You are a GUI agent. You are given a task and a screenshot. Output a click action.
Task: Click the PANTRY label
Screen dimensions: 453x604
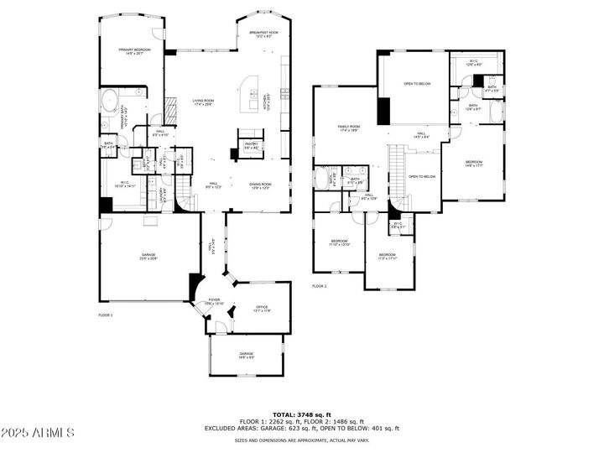point(250,145)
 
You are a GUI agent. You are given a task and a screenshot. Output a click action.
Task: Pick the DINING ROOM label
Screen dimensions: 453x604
point(259,185)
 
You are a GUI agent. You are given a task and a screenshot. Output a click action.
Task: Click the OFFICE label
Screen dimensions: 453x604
point(262,309)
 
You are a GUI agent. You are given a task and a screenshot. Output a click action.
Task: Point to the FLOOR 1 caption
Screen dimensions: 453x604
point(105,315)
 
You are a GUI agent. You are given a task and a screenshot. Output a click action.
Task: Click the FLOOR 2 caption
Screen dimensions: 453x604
point(319,286)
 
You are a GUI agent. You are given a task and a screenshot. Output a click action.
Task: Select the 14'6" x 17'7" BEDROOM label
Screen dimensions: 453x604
point(474,163)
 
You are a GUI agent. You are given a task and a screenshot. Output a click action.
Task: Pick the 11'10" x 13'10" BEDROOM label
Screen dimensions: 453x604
point(339,242)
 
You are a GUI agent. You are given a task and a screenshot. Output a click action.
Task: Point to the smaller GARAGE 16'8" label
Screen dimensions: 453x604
point(246,356)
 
